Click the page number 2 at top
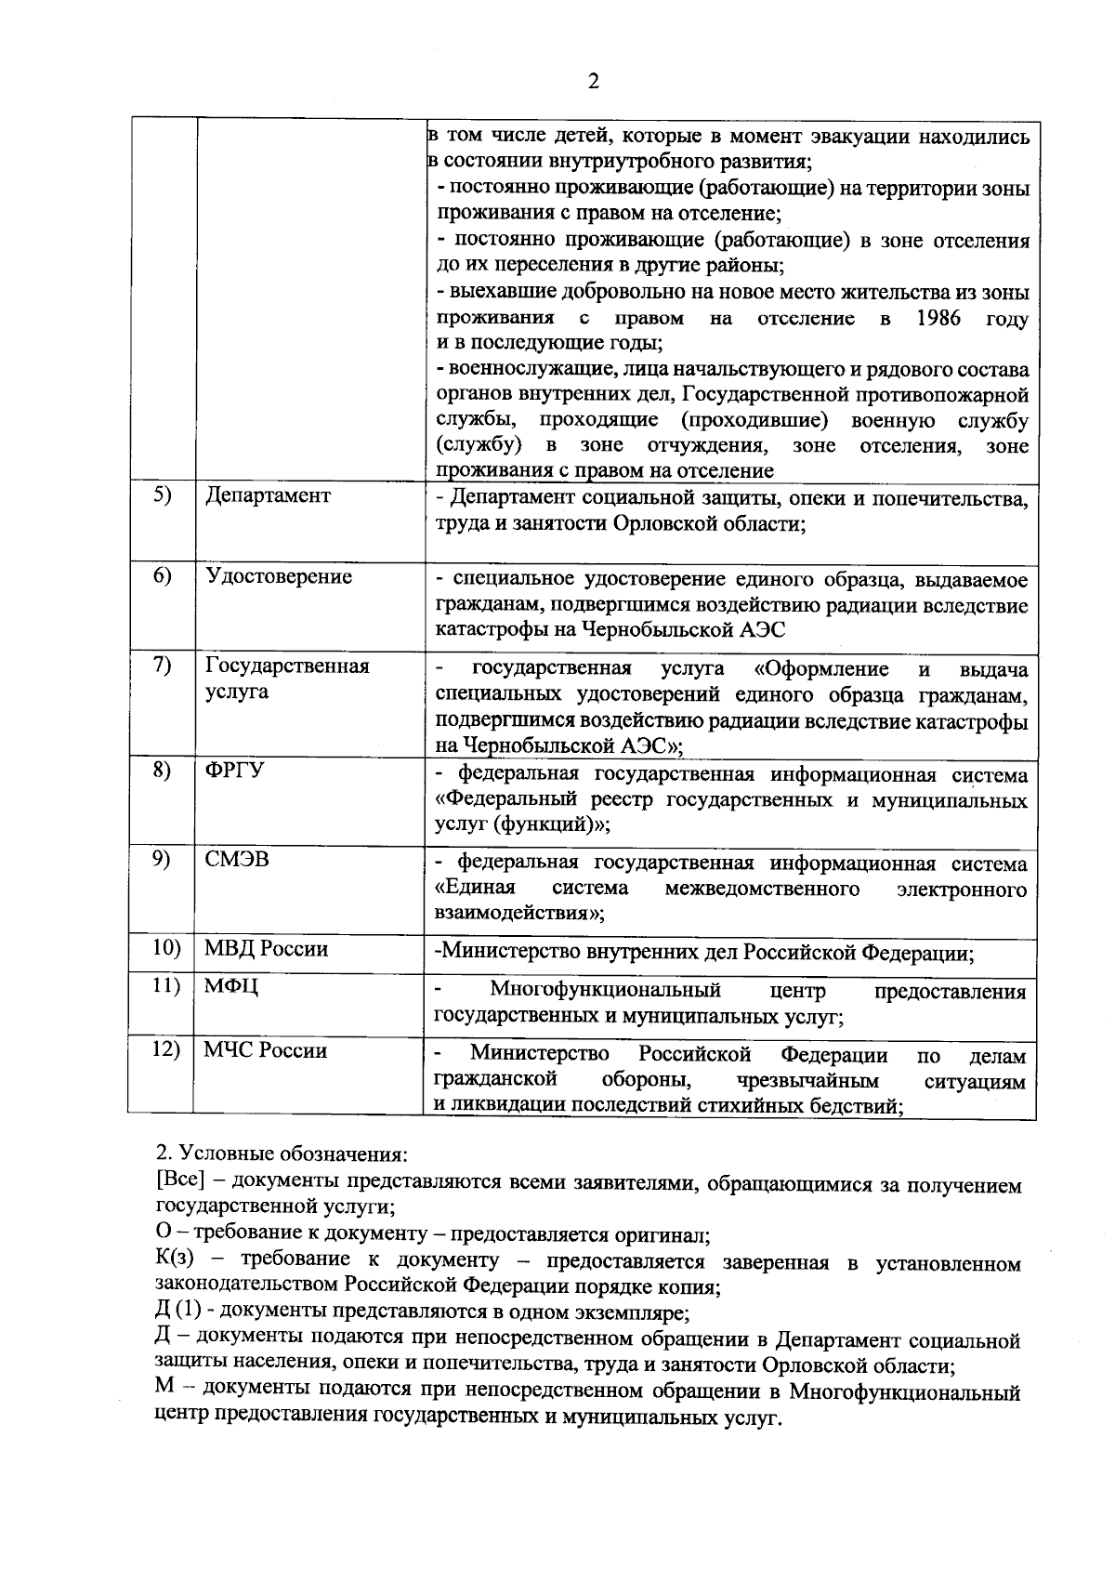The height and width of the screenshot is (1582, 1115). (593, 82)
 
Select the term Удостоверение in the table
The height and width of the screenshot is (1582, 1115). (279, 577)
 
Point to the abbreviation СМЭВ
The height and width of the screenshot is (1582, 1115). (237, 860)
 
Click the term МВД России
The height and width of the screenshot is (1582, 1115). (267, 949)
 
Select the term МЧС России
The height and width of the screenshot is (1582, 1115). (266, 1051)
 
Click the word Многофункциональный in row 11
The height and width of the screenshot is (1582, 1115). (606, 991)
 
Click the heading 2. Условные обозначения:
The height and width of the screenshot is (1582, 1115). (282, 1154)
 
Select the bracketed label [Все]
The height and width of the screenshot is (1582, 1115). (181, 1180)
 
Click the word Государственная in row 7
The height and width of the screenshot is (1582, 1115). (287, 666)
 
